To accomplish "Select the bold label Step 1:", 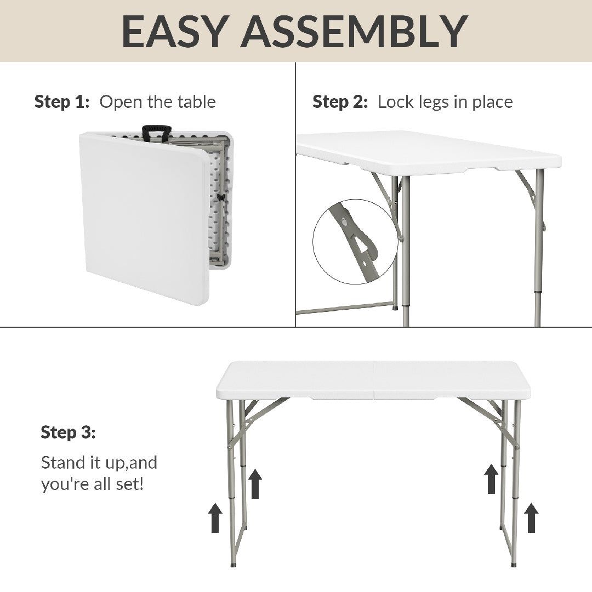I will [x=61, y=102].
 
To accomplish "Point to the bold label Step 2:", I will [x=340, y=102].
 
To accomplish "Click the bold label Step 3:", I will [x=68, y=432].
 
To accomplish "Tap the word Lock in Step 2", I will [x=395, y=102].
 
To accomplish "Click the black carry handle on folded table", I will [x=156, y=132].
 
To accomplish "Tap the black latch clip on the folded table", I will [x=220, y=196].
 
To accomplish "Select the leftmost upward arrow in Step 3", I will [x=215, y=518].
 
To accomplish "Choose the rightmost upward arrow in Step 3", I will [x=531, y=518].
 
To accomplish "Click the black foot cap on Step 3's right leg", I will [x=514, y=563].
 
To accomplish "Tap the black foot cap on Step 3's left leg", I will [x=235, y=563].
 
